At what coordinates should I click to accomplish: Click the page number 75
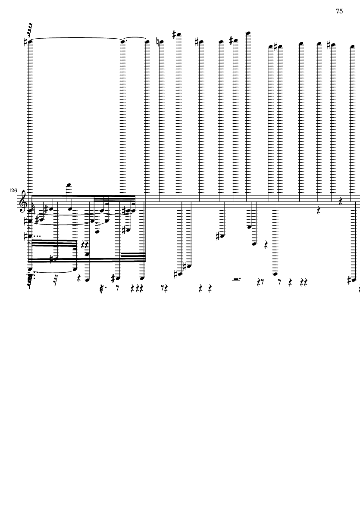point(339,11)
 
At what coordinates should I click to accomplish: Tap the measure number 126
point(13,190)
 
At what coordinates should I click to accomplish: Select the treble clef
point(23,201)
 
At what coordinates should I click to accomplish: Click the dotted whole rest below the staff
point(236,279)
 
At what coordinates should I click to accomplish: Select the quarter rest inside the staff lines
point(341,201)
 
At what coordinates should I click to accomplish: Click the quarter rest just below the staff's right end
point(319,211)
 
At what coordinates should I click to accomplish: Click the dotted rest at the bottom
point(103,287)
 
